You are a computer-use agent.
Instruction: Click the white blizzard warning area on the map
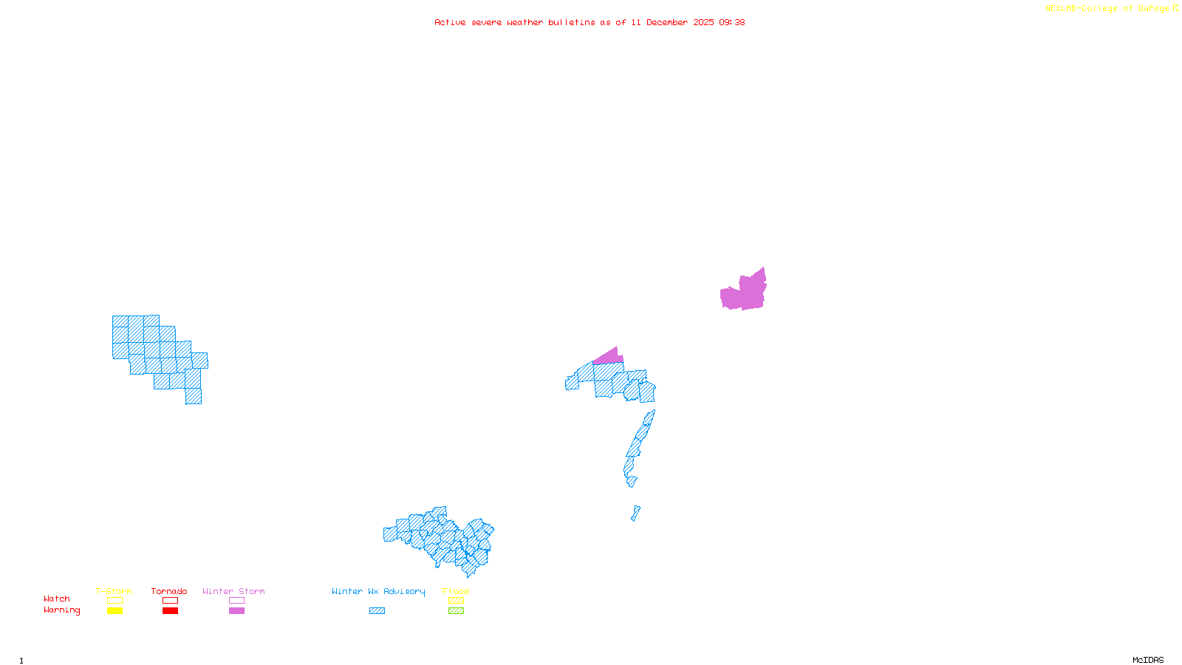642,484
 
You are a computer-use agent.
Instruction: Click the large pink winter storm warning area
745,293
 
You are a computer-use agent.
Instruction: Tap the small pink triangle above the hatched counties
609,358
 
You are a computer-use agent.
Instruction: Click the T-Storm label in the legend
114,591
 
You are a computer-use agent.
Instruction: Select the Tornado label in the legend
169,591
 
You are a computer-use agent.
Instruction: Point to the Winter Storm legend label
233,591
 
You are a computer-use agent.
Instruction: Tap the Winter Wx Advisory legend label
378,591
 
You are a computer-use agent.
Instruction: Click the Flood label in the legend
456,591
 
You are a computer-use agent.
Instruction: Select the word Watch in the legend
57,598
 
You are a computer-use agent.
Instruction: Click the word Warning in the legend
61,610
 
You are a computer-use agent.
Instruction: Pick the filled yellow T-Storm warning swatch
115,611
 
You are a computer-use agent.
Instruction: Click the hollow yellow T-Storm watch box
115,601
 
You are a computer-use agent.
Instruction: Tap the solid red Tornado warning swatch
171,611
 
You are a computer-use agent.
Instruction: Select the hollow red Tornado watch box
171,601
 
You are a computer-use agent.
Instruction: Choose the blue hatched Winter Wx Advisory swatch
377,611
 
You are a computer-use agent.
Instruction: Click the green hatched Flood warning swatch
457,611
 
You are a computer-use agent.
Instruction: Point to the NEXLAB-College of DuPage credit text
1107,9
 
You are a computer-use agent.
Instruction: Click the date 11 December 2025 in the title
672,22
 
